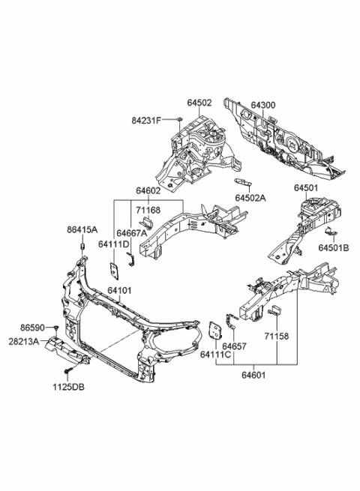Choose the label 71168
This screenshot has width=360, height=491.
pyautogui.click(x=150, y=210)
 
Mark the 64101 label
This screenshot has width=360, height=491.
pyautogui.click(x=118, y=289)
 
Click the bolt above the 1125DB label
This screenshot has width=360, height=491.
pyautogui.click(x=67, y=370)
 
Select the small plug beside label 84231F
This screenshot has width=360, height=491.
pyautogui.click(x=181, y=120)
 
